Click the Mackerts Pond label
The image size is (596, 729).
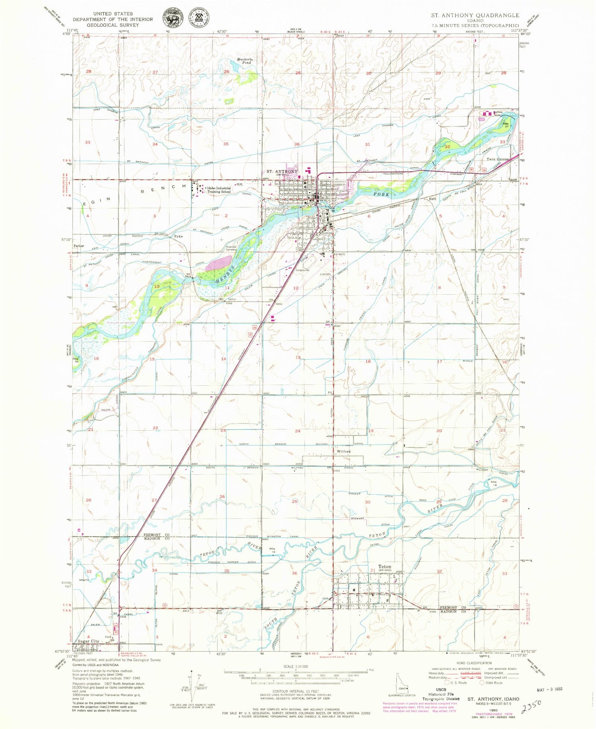244,61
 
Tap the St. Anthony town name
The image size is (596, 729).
282,172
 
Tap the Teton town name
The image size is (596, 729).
384,567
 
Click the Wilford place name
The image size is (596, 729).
344,452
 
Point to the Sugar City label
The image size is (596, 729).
88,642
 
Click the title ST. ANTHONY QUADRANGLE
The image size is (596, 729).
475,15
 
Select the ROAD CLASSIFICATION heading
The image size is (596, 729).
474,663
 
